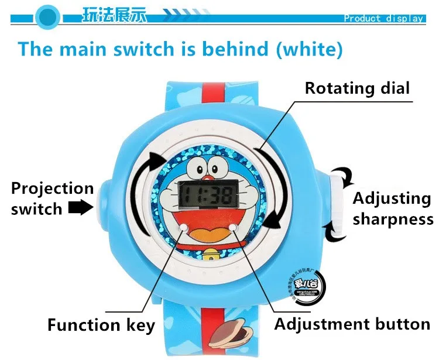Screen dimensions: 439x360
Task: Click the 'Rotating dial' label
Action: point(358,88)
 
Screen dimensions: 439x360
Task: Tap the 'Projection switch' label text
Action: point(52,198)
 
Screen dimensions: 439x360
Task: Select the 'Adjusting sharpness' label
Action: point(392,208)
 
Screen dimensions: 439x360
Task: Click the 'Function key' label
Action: point(101,325)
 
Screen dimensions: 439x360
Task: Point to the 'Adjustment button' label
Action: point(352,324)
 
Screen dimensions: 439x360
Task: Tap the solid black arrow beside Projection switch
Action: point(82,207)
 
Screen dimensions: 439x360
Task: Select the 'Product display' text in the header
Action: point(383,18)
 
